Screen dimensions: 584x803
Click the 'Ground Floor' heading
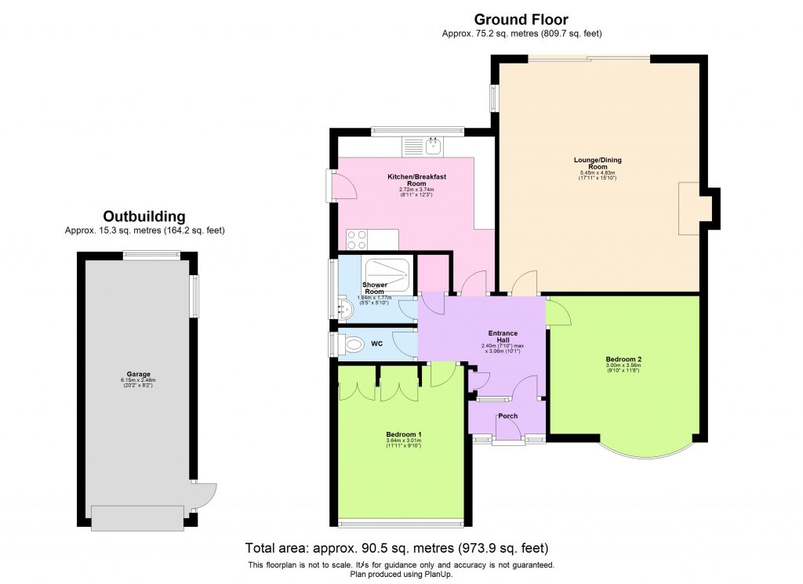(x=521, y=20)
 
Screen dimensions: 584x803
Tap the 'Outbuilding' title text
(x=145, y=216)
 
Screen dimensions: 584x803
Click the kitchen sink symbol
(x=432, y=144)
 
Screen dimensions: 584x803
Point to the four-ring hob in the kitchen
(x=358, y=238)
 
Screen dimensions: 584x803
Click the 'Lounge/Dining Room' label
(x=598, y=163)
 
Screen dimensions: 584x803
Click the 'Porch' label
(x=508, y=416)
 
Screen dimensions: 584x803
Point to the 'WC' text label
(x=376, y=343)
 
